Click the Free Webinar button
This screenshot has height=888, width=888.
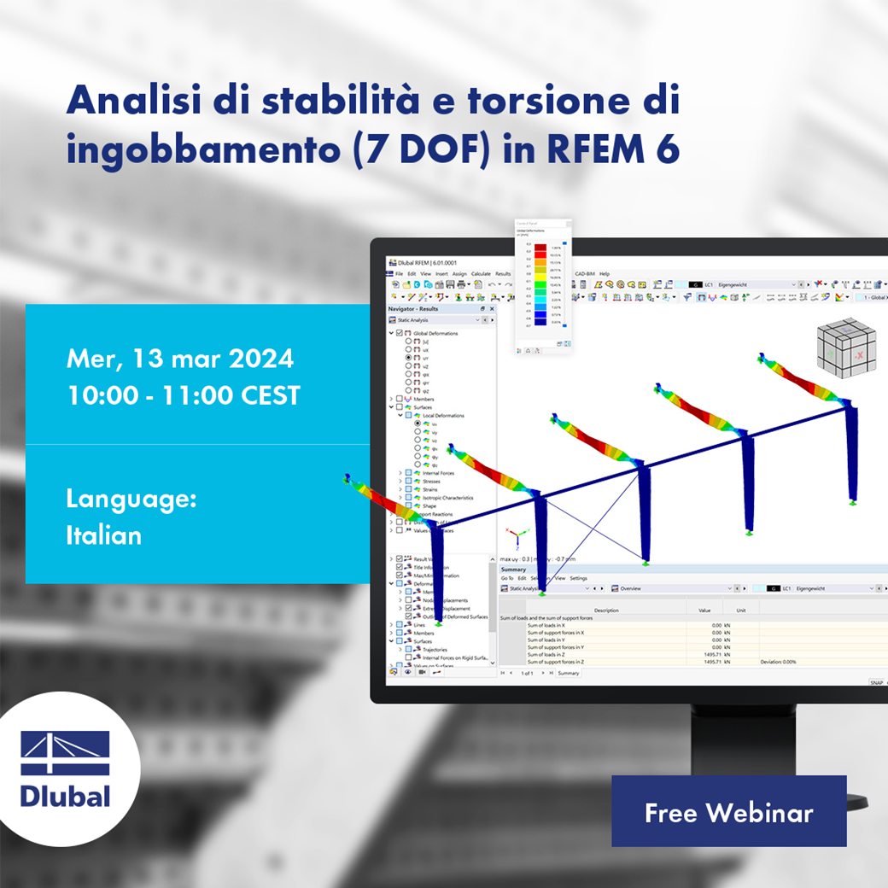(x=728, y=811)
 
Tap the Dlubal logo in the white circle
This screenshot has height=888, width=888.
(x=66, y=768)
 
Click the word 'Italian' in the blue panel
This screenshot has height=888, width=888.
(x=103, y=535)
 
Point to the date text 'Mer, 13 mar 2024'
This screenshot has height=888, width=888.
(x=179, y=358)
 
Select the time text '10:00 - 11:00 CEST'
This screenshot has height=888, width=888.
(x=183, y=395)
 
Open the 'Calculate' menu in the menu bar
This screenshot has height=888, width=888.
(x=481, y=274)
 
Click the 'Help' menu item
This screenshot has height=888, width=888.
(x=605, y=274)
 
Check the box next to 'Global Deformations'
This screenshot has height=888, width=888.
(x=399, y=333)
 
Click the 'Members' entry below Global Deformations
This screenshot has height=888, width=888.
(x=424, y=399)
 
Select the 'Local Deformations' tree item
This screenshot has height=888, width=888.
(x=443, y=416)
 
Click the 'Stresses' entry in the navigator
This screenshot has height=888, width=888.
(x=431, y=481)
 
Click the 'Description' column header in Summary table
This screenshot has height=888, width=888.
(x=606, y=610)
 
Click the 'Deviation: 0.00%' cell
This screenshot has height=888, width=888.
(x=778, y=662)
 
